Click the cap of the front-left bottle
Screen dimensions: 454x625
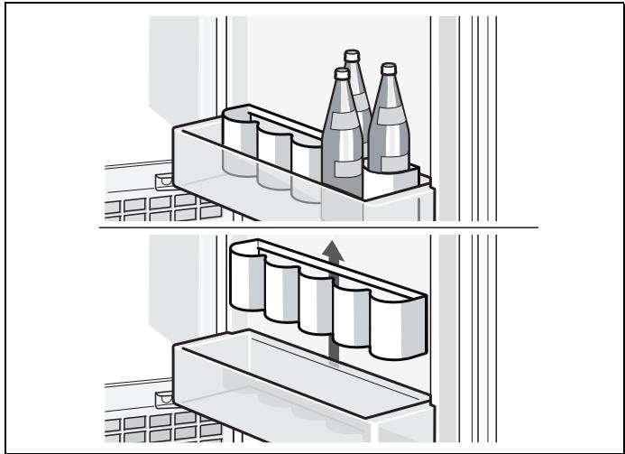(x=341, y=73)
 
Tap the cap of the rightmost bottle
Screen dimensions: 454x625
(x=389, y=69)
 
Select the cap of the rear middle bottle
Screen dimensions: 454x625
(x=353, y=55)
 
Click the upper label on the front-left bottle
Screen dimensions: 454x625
(x=341, y=121)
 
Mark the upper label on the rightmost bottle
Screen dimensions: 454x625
(x=390, y=117)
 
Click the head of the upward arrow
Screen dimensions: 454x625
(x=335, y=247)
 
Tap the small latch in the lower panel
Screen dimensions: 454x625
(x=162, y=397)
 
